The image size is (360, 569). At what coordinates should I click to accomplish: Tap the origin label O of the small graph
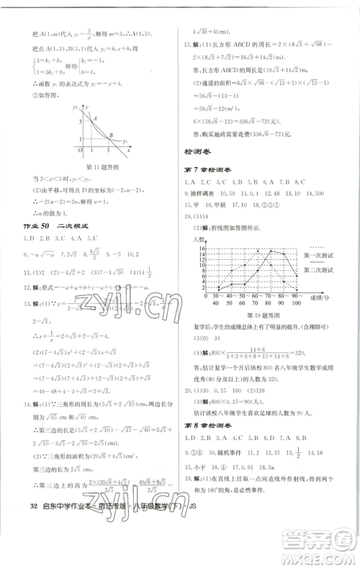click(x=81, y=150)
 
